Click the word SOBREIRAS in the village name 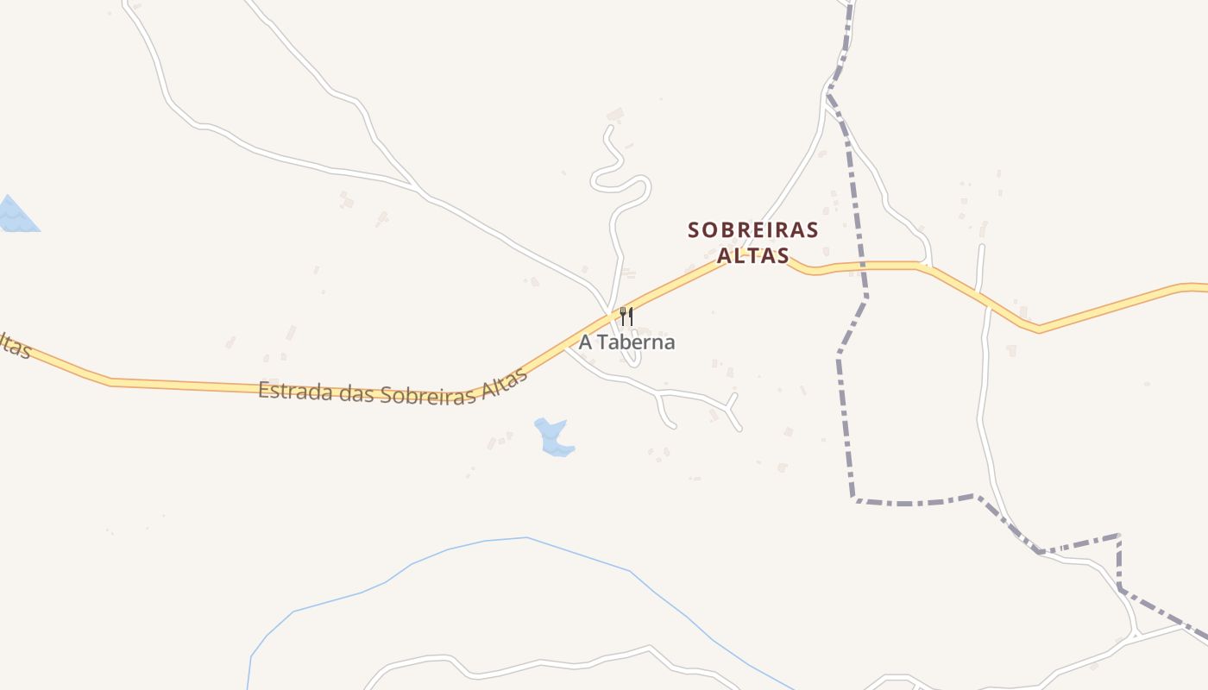(752, 230)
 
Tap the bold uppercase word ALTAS (752, 256)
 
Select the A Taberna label (626, 342)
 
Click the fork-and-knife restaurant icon (626, 317)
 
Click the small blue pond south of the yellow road (552, 436)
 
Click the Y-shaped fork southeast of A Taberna (731, 408)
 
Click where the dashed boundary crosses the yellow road (860, 265)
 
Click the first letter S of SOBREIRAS (694, 230)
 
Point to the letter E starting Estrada (264, 389)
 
